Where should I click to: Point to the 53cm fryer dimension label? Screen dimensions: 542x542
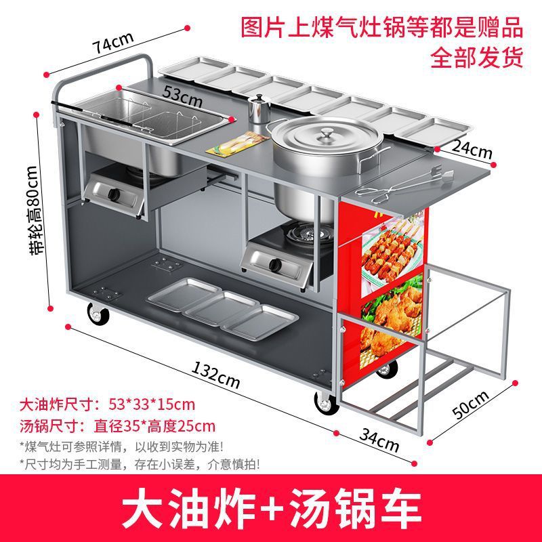[182, 98]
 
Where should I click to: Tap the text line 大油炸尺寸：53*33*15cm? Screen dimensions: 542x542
[108, 405]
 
